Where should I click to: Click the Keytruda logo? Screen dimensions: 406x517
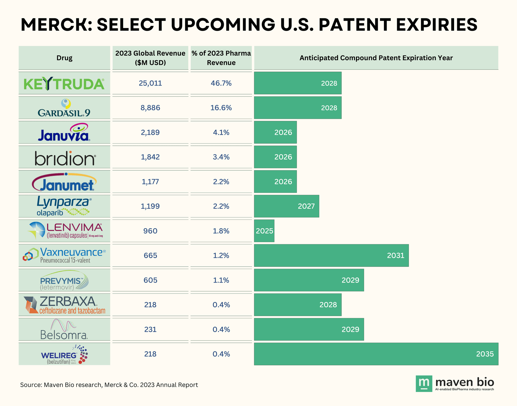tap(64, 84)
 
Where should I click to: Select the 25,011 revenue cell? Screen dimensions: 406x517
tap(150, 83)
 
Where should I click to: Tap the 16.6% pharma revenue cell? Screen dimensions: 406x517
tap(221, 108)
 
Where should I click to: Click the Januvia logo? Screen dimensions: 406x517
tap(64, 133)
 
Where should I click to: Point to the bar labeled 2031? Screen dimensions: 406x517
tap(331, 256)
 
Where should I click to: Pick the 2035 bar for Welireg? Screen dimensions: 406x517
tap(376, 354)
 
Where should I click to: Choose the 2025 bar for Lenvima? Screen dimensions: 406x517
tap(264, 231)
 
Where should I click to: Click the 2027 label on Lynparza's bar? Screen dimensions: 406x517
tap(306, 206)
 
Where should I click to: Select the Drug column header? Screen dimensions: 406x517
tap(64, 58)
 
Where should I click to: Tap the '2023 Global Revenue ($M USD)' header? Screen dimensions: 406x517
tap(150, 58)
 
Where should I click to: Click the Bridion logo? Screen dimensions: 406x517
tap(65, 158)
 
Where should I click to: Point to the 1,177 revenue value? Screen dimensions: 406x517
tap(150, 182)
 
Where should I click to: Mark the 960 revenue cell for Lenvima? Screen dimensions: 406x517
tap(150, 231)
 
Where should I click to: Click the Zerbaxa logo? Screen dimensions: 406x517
tap(65, 305)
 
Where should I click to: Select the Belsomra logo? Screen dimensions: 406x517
tap(64, 330)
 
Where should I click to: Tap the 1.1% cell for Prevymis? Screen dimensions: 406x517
tap(221, 280)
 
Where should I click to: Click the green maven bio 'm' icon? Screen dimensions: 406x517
tap(424, 383)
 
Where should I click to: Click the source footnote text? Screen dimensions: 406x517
tap(109, 385)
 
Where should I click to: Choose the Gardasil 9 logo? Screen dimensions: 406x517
tap(64, 108)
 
